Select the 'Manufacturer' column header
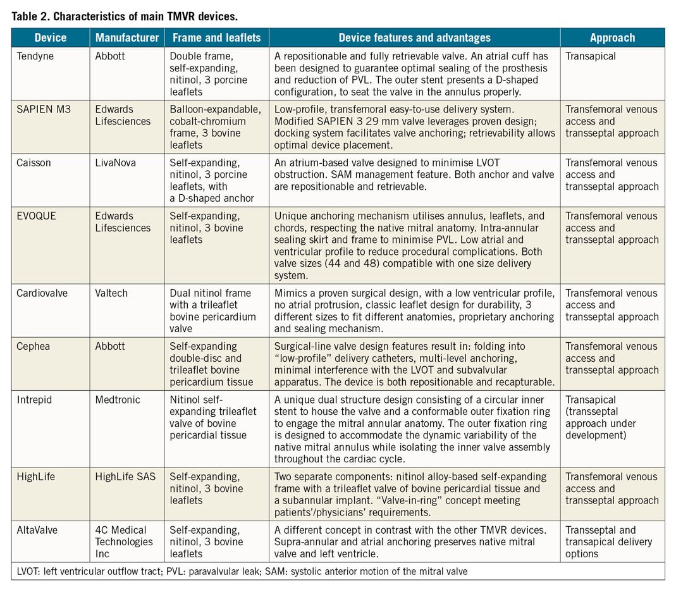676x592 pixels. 127,38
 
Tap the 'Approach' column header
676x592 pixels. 612,38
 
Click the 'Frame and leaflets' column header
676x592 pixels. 216,38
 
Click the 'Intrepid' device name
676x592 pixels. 35,399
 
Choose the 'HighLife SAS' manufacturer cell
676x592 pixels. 123,476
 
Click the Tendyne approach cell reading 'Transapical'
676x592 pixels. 591,56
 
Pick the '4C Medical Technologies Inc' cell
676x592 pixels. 124,541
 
